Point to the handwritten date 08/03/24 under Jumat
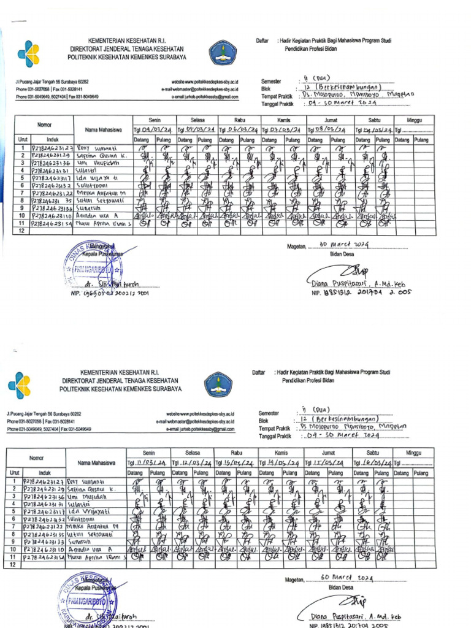pyautogui.click(x=334, y=130)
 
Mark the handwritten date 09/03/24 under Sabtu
pyautogui.click(x=377, y=130)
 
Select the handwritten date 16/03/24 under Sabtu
pyautogui.click(x=373, y=462)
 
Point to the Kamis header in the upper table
pyautogui.click(x=283, y=120)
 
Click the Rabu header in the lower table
pyautogui.click(x=235, y=453)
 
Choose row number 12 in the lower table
pyautogui.click(x=13, y=565)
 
